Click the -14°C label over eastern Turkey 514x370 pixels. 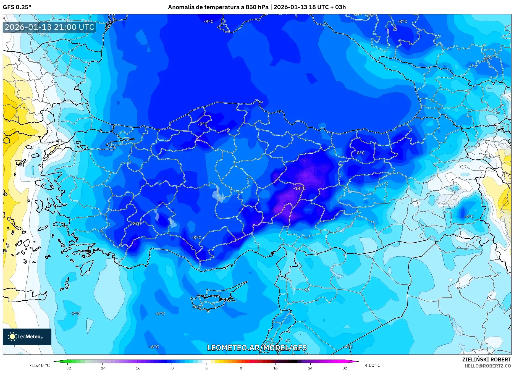[299, 188]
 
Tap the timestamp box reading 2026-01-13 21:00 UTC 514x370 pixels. [49, 27]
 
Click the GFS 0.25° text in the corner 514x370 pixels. [17, 7]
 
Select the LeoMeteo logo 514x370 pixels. [27, 337]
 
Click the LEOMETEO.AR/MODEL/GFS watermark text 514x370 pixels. [257, 348]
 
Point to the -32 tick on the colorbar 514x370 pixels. [68, 368]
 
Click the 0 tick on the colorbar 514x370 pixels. [206, 368]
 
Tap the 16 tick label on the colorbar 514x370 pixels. [275, 368]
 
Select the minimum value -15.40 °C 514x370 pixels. [40, 365]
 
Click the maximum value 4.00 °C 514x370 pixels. [372, 365]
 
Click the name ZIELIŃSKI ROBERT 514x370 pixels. [486, 359]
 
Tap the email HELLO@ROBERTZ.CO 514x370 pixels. [487, 366]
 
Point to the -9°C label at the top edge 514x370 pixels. [209, 22]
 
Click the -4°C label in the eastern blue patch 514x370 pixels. [469, 217]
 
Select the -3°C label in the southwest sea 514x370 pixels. [75, 313]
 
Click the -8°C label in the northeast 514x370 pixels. [402, 22]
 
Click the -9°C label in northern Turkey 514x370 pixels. [202, 124]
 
